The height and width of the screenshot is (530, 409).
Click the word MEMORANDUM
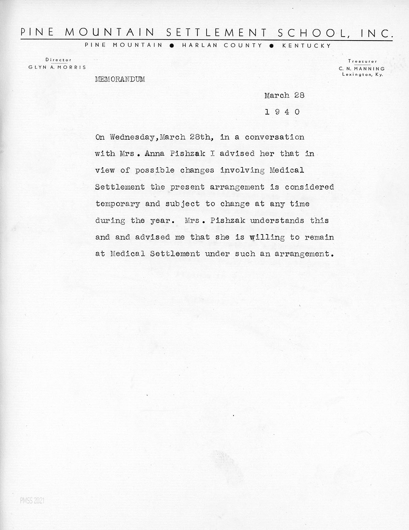pyautogui.click(x=120, y=79)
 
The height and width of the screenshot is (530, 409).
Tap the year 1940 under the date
pyautogui.click(x=283, y=112)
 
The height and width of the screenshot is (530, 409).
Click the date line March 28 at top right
pyautogui.click(x=284, y=95)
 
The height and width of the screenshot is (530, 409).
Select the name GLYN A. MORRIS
pyautogui.click(x=57, y=67)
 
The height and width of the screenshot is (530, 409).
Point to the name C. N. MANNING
pyautogui.click(x=362, y=69)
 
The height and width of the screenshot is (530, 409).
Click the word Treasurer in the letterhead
pyautogui.click(x=362, y=62)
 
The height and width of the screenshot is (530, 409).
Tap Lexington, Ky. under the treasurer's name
pyautogui.click(x=362, y=75)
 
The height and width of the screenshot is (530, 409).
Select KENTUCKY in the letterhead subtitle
pyautogui.click(x=306, y=46)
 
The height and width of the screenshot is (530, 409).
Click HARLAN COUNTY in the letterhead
pyautogui.click(x=222, y=46)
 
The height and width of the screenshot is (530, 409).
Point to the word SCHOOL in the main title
pyautogui.click(x=315, y=33)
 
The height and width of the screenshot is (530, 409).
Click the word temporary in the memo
pyautogui.click(x=118, y=204)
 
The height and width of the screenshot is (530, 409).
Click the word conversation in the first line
pyautogui.click(x=274, y=137)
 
